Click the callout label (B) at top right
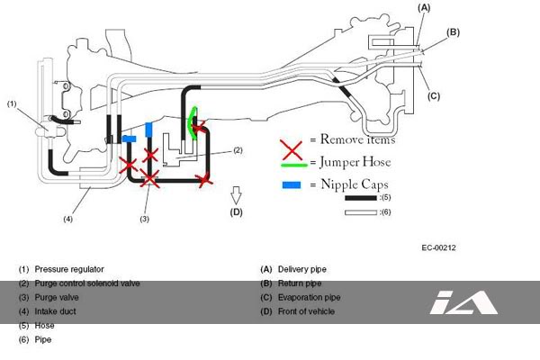(453, 32)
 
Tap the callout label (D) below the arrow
(237, 212)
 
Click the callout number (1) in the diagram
(12, 103)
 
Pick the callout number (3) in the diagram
(144, 219)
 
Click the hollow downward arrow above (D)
(237, 193)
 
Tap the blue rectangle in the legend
(292, 184)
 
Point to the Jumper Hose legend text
(352, 162)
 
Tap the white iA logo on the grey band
(463, 302)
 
